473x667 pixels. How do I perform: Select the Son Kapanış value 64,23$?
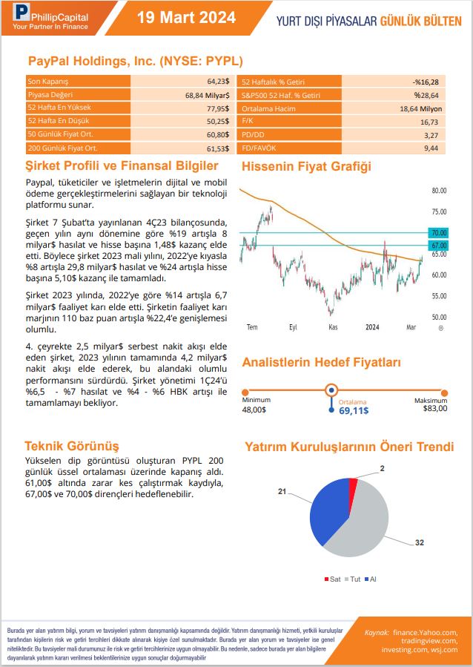click(218, 82)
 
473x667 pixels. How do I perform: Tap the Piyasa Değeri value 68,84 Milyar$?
click(207, 95)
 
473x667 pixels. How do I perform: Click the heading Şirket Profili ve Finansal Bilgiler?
click(122, 166)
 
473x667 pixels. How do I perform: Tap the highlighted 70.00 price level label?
click(438, 233)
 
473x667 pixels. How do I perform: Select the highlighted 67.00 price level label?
click(438, 246)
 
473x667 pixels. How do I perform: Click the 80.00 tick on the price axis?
click(439, 191)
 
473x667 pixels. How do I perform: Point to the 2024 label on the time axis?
click(372, 326)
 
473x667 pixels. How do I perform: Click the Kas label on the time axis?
click(333, 326)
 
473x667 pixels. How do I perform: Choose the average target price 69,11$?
click(354, 410)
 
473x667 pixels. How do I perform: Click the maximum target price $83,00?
click(435, 408)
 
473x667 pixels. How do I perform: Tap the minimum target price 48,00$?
click(254, 409)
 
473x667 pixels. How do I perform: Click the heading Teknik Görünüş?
click(72, 446)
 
